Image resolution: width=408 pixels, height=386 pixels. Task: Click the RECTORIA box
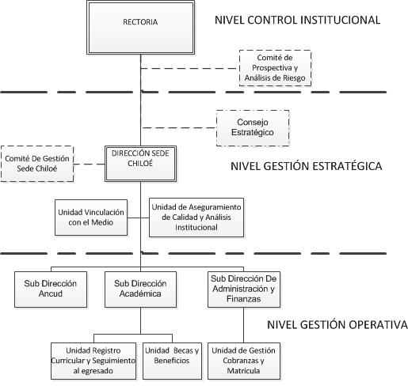(140, 28)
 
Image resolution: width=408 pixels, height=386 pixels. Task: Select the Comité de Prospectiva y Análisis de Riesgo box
(275, 68)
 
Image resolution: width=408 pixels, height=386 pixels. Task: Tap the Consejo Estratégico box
(253, 128)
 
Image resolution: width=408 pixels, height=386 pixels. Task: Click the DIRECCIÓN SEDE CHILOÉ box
(140, 164)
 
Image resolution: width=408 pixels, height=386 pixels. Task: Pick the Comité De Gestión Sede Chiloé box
(37, 164)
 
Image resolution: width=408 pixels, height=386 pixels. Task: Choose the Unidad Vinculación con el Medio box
(91, 218)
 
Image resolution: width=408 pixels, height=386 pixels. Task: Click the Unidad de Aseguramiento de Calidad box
(196, 218)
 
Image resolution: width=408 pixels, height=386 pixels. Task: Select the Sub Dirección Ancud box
(51, 289)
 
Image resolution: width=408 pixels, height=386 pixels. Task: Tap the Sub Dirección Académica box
(140, 289)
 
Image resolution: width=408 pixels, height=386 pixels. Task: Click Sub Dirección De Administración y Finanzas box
(244, 289)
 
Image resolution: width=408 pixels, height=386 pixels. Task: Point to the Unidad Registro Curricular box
(93, 361)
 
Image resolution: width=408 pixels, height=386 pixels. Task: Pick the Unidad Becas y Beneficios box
(172, 361)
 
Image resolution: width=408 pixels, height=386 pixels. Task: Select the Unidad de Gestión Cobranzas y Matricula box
(244, 361)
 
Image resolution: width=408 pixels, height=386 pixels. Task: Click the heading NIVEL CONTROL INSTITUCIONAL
(297, 21)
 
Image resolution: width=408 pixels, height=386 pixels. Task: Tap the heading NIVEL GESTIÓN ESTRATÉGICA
(307, 166)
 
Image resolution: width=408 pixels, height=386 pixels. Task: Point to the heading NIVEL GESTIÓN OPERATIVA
(337, 324)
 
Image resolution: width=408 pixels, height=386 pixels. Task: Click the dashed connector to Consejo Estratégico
(178, 128)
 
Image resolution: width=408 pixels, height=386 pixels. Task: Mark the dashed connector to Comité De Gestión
(90, 164)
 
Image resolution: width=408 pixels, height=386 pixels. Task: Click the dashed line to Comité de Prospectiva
(190, 68)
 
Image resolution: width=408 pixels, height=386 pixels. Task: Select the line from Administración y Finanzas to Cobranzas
(243, 325)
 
